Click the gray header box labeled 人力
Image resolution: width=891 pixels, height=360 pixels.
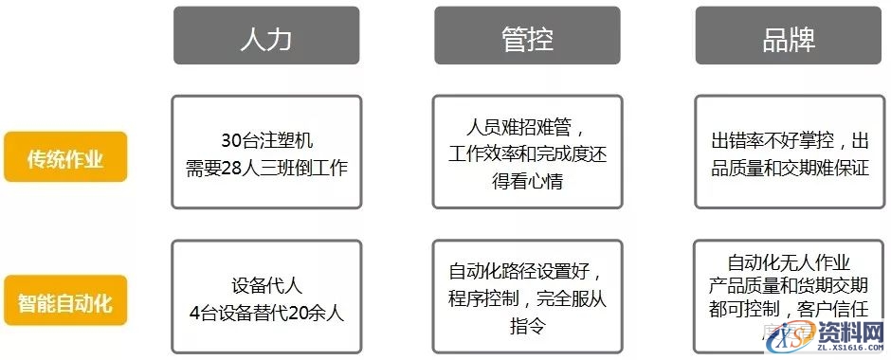(x=266, y=36)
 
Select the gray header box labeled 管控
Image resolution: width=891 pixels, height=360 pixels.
(x=527, y=36)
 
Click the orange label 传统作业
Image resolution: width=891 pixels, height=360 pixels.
(x=65, y=157)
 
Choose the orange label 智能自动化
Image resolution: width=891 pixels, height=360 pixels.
(x=65, y=303)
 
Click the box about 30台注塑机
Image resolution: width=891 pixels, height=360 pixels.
(x=266, y=152)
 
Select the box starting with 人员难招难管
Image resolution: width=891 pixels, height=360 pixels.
(x=527, y=152)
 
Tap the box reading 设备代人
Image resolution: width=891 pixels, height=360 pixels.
(x=266, y=297)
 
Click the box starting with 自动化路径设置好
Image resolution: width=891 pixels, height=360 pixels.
(x=527, y=297)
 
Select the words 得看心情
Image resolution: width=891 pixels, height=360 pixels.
(x=527, y=180)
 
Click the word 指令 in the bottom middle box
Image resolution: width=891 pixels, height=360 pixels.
(x=527, y=326)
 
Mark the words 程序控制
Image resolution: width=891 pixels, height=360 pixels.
(x=482, y=300)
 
